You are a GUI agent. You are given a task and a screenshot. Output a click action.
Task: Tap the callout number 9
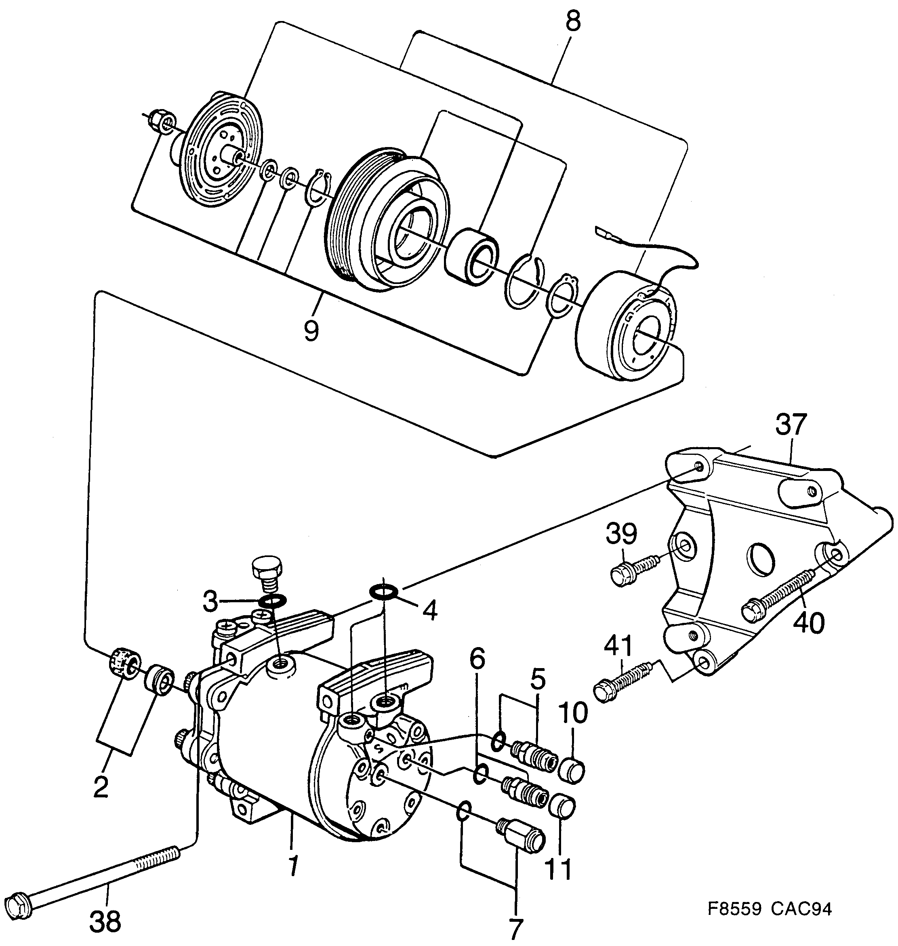[311, 330]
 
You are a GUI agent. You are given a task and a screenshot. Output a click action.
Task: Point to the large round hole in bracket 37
[760, 558]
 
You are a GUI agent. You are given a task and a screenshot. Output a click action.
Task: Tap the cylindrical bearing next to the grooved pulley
[471, 259]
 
